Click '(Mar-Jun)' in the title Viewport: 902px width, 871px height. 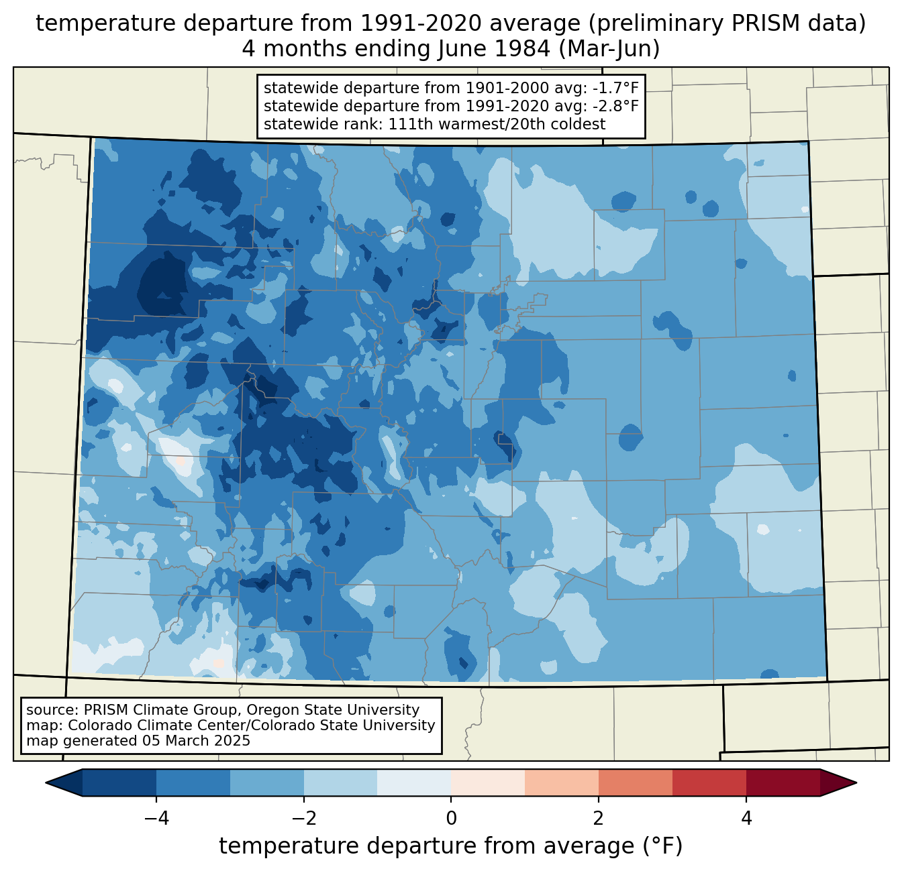[609, 49]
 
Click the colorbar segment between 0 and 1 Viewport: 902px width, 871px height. [488, 782]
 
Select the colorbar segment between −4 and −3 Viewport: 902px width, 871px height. [193, 782]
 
